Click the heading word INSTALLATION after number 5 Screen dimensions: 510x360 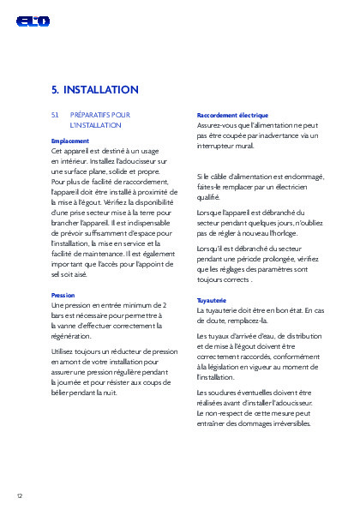point(101,89)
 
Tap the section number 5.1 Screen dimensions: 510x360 point(56,115)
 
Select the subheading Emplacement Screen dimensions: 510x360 point(70,141)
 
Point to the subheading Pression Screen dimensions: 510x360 point(63,295)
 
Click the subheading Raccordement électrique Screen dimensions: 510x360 point(232,115)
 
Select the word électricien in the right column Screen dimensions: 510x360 point(301,187)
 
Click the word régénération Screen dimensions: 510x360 point(75,336)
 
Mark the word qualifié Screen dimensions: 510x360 point(209,197)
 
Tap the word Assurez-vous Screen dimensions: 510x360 point(219,125)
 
